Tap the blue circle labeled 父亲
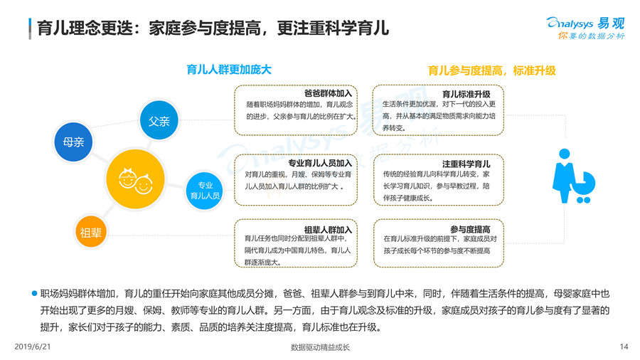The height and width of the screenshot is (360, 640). pos(159,122)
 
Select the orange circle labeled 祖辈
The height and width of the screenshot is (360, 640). pos(91,232)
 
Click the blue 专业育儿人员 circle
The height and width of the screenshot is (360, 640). pos(205,191)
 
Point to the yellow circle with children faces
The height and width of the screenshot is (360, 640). pos(135,179)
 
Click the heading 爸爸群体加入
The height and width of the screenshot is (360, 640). pos(328,93)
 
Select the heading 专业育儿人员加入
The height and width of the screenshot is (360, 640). pos(320,163)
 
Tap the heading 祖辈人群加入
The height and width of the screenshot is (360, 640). pos(328,230)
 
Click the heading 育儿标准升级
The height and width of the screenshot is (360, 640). pos(466,93)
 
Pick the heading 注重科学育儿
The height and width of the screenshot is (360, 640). pos(466,164)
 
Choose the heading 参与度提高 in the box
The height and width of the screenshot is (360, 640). pos(470,229)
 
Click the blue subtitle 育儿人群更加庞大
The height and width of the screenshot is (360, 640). pos(228,70)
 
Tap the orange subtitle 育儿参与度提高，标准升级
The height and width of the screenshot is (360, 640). pos(491,70)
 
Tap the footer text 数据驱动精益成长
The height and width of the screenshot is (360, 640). pos(320,347)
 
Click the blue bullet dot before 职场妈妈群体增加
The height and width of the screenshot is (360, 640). pos(34,293)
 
